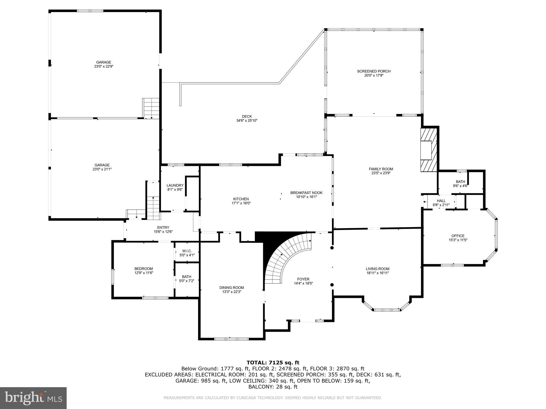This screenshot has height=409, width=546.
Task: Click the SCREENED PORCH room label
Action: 374,71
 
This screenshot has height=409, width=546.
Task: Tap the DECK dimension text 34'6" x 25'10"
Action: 247,121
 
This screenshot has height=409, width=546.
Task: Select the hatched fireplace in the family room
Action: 429,150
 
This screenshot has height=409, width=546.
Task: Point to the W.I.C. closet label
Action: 187,251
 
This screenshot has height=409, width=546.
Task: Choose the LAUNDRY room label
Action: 175,186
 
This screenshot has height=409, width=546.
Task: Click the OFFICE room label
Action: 458,236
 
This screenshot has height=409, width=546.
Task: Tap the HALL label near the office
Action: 441,201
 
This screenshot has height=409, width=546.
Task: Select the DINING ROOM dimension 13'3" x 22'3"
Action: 231,292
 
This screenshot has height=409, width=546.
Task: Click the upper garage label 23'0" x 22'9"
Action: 104,67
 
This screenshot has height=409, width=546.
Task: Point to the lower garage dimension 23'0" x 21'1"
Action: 102,169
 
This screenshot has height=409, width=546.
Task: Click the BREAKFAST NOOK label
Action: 306,193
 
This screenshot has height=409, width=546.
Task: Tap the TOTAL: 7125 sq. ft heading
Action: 273,362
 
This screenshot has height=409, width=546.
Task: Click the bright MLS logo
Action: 33,398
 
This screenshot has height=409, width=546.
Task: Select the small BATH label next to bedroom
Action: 186,277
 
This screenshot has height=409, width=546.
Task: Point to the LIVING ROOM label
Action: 377,269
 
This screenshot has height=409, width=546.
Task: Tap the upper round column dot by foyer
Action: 332,248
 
